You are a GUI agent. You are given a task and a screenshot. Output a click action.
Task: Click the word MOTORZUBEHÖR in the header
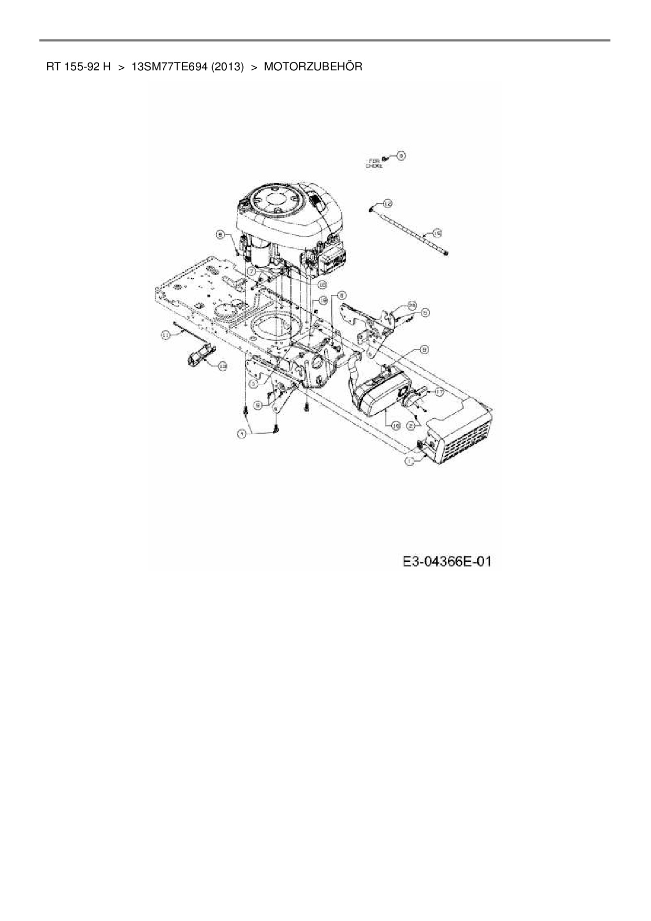[313, 67]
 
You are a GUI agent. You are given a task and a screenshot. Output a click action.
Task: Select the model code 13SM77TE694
[170, 67]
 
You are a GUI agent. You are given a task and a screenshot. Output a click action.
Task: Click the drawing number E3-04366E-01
[447, 561]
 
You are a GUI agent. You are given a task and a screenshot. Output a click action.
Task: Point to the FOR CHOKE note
[374, 163]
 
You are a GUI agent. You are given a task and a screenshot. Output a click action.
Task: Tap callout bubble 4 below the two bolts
[241, 434]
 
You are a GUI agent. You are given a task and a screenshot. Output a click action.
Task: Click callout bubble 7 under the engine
[252, 271]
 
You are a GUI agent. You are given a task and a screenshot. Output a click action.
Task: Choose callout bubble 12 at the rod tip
[387, 203]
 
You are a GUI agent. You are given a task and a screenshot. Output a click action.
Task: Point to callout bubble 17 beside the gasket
[439, 392]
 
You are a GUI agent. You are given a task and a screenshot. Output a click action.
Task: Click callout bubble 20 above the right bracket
[412, 305]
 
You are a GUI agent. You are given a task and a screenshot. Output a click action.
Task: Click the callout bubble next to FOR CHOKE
[402, 155]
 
